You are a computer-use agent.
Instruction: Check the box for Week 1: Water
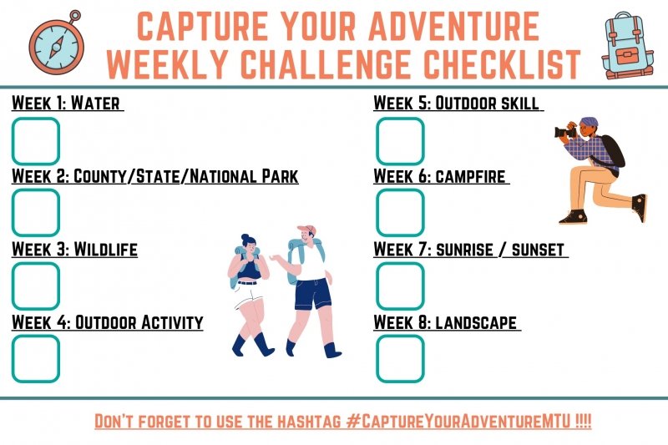tap(36, 141)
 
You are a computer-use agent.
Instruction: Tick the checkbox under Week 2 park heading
tap(36, 213)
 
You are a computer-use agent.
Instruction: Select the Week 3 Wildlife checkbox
tap(36, 286)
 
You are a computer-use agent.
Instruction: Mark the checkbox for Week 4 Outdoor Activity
tap(36, 358)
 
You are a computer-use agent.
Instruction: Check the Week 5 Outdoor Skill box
tap(400, 141)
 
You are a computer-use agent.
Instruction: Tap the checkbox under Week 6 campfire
tap(400, 213)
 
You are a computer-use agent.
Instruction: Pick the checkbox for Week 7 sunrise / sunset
tap(400, 286)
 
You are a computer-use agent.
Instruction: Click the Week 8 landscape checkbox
tap(400, 358)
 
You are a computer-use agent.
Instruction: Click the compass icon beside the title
tap(57, 44)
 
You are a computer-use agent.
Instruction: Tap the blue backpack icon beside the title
tap(628, 45)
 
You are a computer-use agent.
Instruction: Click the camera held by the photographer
tap(565, 132)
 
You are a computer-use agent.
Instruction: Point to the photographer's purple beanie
tap(589, 122)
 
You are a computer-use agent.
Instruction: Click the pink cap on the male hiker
tap(306, 230)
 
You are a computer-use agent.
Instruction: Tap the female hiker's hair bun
tap(245, 237)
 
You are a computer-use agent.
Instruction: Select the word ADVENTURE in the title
tap(454, 26)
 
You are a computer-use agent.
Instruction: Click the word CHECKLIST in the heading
tap(503, 64)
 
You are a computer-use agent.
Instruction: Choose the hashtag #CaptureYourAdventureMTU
tap(458, 421)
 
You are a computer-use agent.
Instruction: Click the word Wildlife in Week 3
tap(106, 249)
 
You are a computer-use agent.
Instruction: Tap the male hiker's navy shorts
tap(312, 294)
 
